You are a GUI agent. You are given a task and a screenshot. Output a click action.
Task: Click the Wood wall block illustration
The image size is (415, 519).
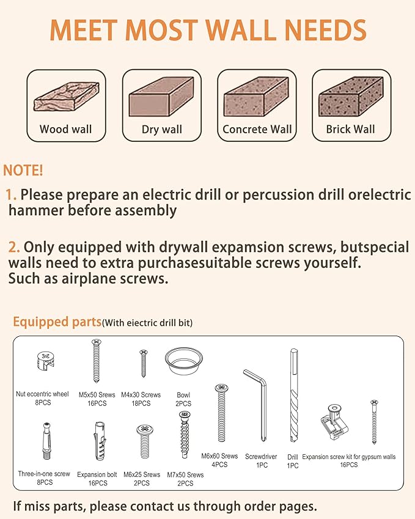pyautogui.click(x=66, y=97)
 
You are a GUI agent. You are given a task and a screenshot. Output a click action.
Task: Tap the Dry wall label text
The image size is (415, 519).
pyautogui.click(x=162, y=130)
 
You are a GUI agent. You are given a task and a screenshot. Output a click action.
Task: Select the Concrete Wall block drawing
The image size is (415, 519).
pyautogui.click(x=256, y=97)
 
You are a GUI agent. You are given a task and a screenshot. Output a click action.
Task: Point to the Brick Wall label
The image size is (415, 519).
pyautogui.click(x=350, y=129)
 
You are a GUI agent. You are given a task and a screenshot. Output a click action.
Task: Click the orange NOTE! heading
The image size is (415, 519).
pyautogui.click(x=23, y=170)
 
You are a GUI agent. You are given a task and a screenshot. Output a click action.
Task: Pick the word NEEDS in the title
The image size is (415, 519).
pyautogui.click(x=325, y=30)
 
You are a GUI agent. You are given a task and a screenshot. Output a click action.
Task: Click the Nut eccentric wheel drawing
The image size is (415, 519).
pyautogui.click(x=45, y=361)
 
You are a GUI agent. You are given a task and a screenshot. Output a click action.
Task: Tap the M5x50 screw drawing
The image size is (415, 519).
pyautogui.click(x=97, y=361)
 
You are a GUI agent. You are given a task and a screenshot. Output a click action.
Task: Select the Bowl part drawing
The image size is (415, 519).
pyautogui.click(x=184, y=361)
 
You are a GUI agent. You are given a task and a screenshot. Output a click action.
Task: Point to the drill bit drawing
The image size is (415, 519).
pyautogui.click(x=294, y=395)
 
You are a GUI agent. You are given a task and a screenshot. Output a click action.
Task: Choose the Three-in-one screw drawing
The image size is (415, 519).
pyautogui.click(x=47, y=441)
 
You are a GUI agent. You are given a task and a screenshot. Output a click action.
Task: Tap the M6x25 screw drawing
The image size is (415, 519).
pyautogui.click(x=145, y=441)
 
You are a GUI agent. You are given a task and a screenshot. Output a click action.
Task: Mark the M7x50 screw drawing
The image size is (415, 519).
pyautogui.click(x=185, y=435)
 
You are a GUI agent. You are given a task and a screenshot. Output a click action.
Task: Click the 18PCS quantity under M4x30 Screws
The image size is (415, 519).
pyautogui.click(x=141, y=403)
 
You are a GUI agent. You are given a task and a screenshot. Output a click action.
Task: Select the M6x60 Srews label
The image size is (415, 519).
pyautogui.click(x=219, y=456)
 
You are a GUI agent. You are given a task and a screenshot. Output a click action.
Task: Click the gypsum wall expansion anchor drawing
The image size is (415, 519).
pyautogui.click(x=334, y=422)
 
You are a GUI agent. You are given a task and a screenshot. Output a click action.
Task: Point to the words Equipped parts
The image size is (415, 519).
pyautogui.click(x=57, y=322)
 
